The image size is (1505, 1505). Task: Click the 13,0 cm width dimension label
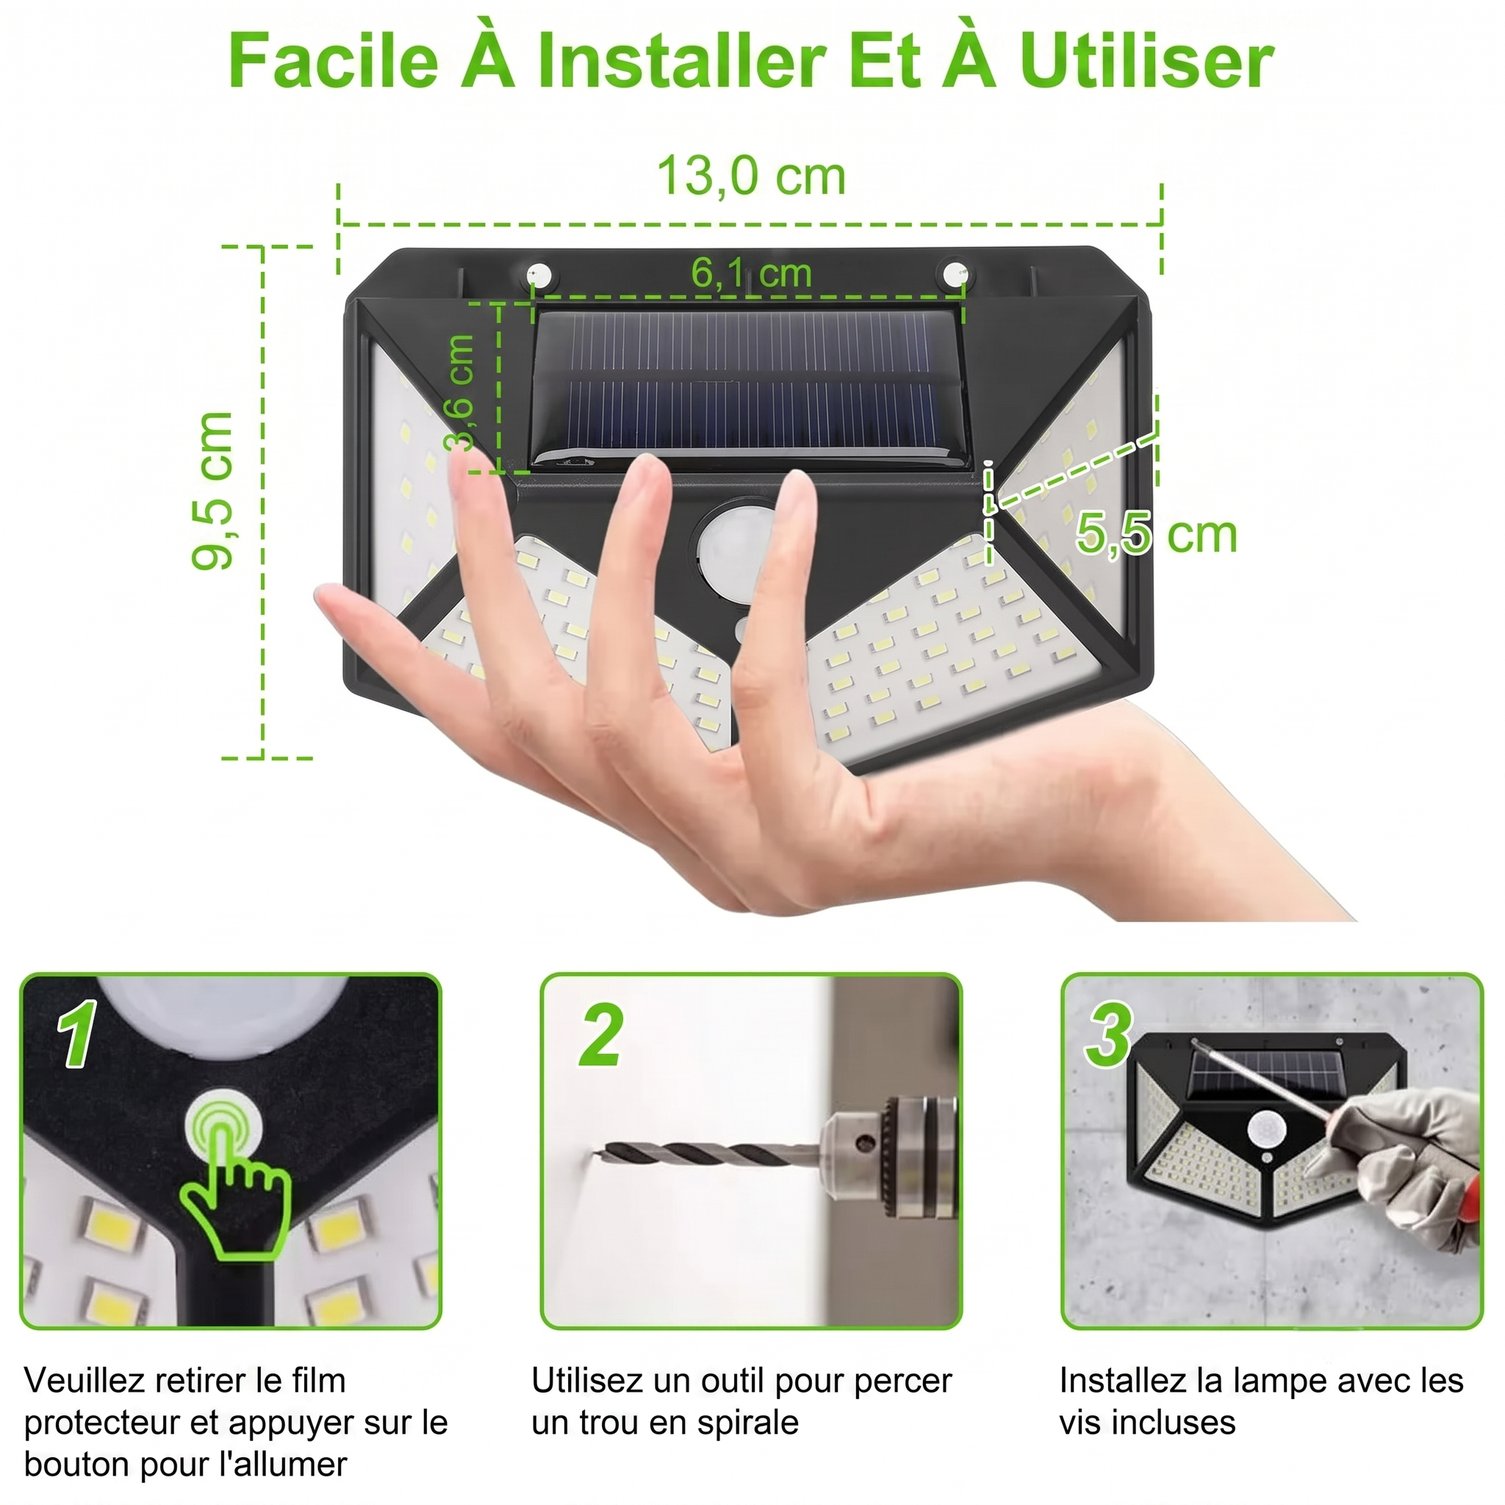751,177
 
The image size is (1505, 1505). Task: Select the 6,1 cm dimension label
752,273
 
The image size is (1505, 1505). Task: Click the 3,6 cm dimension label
459,393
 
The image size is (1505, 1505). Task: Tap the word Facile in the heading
334,61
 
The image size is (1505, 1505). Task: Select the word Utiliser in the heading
1146,61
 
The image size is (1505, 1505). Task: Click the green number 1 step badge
78,1034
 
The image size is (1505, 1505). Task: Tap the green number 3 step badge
1108,1034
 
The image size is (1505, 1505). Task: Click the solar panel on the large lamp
750,389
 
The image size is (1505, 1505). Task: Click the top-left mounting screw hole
538,275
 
